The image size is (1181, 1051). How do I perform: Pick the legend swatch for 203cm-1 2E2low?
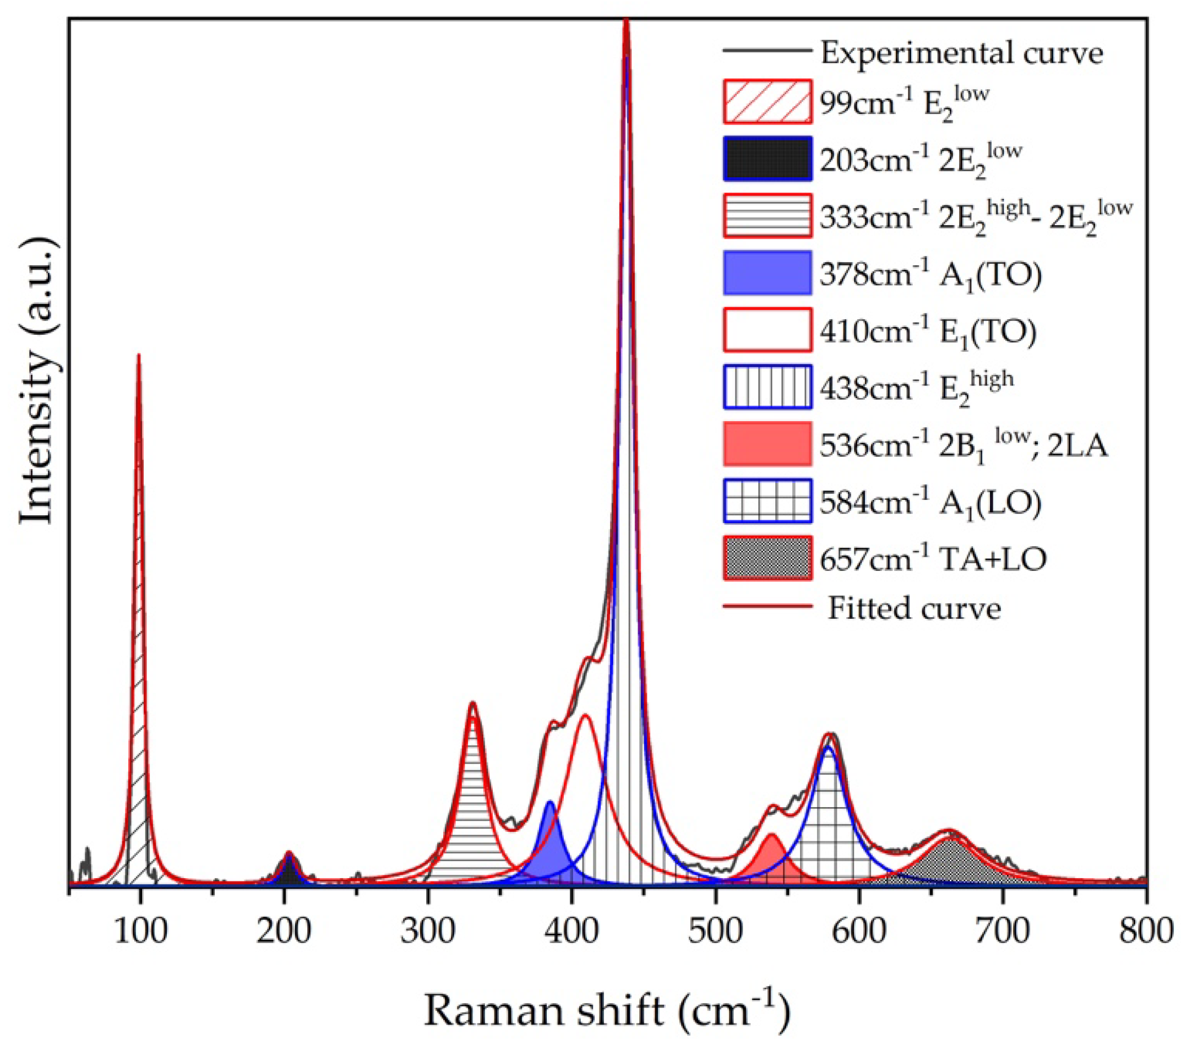click(768, 159)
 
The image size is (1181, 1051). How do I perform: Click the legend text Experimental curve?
click(961, 53)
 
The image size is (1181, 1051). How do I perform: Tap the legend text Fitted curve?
click(914, 608)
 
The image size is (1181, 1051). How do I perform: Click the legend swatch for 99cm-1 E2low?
click(768, 102)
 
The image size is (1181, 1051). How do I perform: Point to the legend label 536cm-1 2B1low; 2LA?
click(963, 445)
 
